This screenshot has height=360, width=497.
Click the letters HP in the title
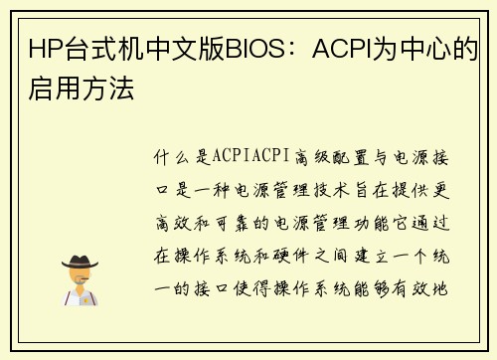(44, 47)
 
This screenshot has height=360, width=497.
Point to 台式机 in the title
(103, 47)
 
